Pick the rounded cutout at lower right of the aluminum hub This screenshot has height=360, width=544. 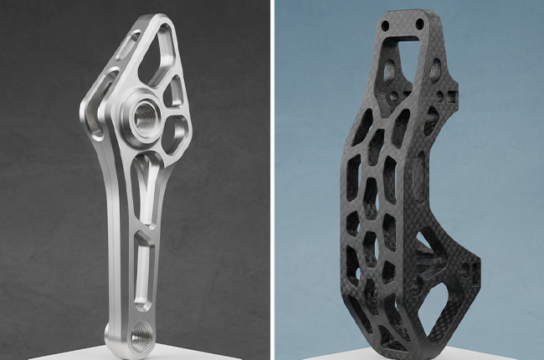coord(174,134)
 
